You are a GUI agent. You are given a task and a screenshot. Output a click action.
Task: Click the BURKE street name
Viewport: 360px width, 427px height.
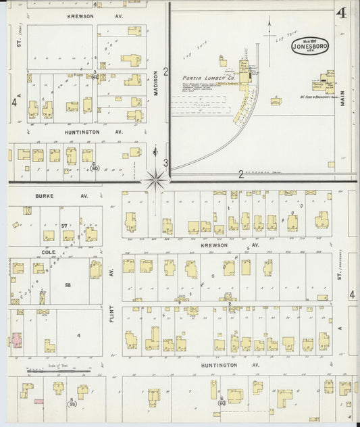pyautogui.click(x=44, y=197)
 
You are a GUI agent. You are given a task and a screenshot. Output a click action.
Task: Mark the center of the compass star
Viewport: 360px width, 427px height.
pyautogui.click(x=155, y=178)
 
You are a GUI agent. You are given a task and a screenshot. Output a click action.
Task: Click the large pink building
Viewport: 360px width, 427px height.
pyautogui.click(x=15, y=339)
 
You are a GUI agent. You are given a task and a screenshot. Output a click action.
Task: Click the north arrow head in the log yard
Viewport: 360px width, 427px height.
pyautogui.click(x=269, y=22)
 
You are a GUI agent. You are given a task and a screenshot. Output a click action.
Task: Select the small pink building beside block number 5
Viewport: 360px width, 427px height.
pyautogui.click(x=39, y=402)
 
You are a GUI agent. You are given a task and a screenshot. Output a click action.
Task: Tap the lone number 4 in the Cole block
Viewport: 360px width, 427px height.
pyautogui.click(x=78, y=336)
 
